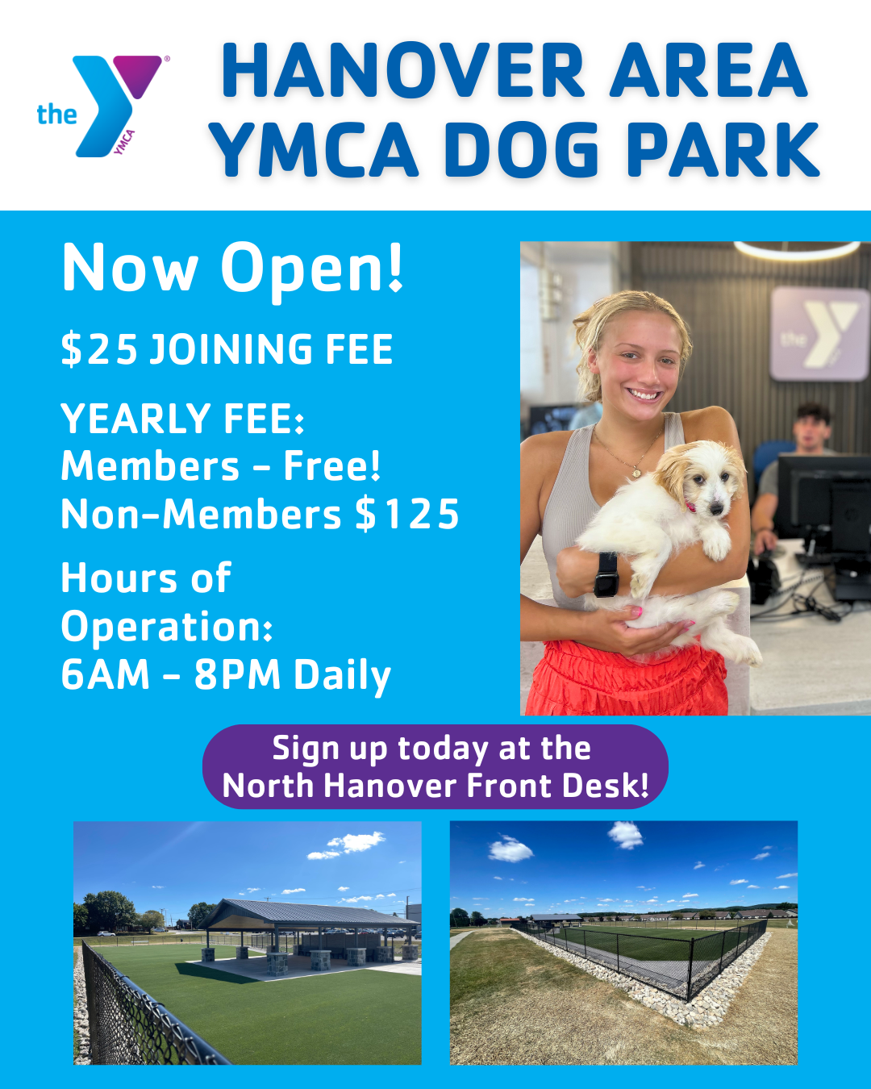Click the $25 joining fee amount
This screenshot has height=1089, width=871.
tap(99, 349)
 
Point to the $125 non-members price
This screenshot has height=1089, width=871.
tap(407, 514)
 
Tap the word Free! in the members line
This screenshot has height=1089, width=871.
tap(331, 465)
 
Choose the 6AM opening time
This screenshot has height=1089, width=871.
tap(106, 674)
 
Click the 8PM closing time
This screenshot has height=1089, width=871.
tap(237, 674)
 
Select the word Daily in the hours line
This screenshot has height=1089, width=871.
tap(342, 677)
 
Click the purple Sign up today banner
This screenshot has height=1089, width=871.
tap(435, 767)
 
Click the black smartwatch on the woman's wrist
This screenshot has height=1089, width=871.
tap(606, 574)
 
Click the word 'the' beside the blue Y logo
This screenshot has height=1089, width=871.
tap(56, 114)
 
